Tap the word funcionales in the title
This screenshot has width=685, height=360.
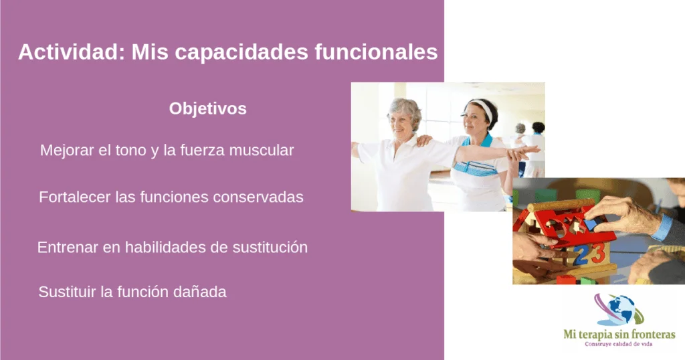coord(376,52)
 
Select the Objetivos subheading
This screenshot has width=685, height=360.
coord(208,109)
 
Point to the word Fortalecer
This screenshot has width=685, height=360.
coord(75,197)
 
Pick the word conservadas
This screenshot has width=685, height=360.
coord(258,197)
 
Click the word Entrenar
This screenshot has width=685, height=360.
coord(68,248)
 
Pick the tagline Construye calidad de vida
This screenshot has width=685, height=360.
coord(619,344)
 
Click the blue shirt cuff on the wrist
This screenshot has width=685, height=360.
coord(663,228)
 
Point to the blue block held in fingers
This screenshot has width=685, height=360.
coord(591,225)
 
